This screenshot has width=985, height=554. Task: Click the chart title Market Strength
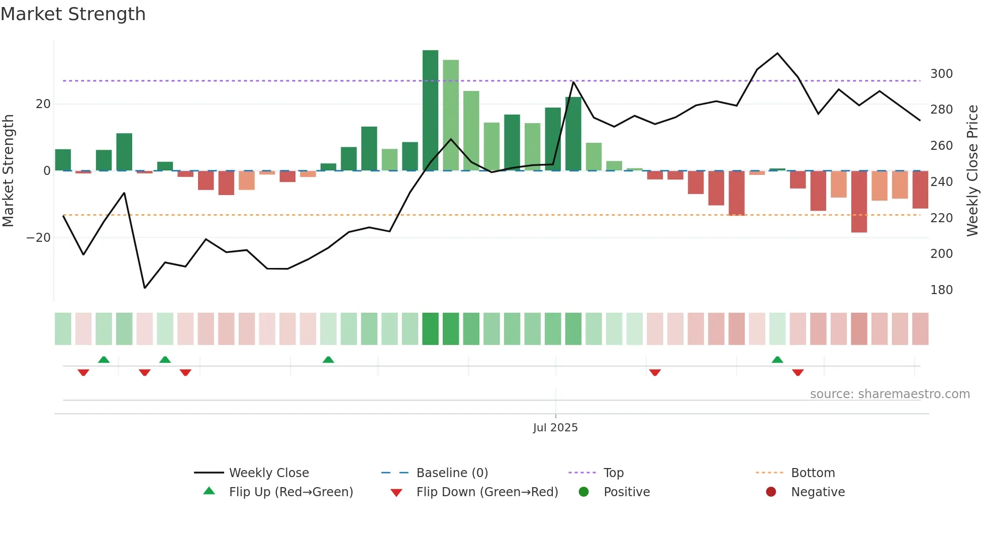click(x=73, y=14)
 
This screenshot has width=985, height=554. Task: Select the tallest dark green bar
click(x=430, y=111)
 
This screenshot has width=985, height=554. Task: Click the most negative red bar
click(x=859, y=201)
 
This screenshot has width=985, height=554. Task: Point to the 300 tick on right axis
click(x=941, y=74)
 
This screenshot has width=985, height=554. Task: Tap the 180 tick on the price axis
click(x=941, y=290)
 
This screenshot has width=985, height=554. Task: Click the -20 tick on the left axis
click(x=39, y=238)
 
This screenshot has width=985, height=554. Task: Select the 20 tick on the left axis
click(x=43, y=104)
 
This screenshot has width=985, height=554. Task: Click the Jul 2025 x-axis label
click(x=555, y=428)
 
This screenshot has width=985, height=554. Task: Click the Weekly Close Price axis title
click(x=972, y=171)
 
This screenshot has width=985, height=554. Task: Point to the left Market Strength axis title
click(x=8, y=171)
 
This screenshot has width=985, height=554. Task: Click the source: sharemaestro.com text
click(x=890, y=394)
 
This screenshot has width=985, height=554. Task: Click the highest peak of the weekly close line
click(x=777, y=53)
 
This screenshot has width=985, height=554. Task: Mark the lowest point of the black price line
click(x=145, y=288)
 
